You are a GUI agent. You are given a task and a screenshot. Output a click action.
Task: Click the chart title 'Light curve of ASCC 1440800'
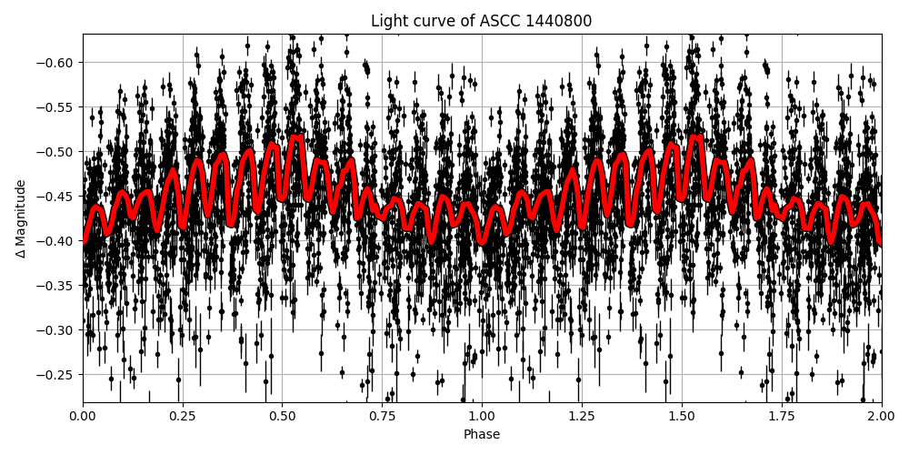[481, 21]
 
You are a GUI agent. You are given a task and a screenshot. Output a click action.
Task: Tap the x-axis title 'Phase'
[481, 435]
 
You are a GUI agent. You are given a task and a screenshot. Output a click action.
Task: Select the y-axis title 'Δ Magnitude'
[21, 218]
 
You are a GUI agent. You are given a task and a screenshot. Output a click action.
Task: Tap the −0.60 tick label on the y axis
[57, 63]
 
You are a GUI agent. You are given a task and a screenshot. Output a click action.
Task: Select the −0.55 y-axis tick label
[57, 107]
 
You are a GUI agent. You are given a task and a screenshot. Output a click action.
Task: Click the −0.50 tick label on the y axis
[57, 152]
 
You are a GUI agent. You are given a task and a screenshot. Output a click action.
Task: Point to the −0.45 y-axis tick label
[57, 197]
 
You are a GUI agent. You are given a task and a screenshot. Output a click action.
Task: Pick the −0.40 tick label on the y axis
[57, 241]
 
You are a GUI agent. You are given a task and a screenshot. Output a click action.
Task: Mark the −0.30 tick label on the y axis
[57, 330]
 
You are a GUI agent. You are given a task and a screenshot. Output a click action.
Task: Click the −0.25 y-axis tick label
[57, 375]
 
